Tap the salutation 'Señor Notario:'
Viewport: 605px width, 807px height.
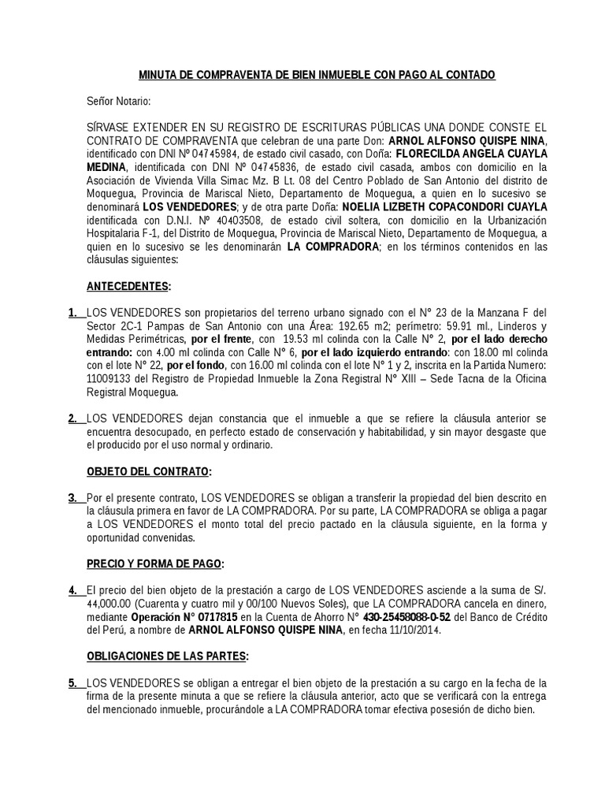118,101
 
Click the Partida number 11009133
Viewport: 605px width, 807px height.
111,379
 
